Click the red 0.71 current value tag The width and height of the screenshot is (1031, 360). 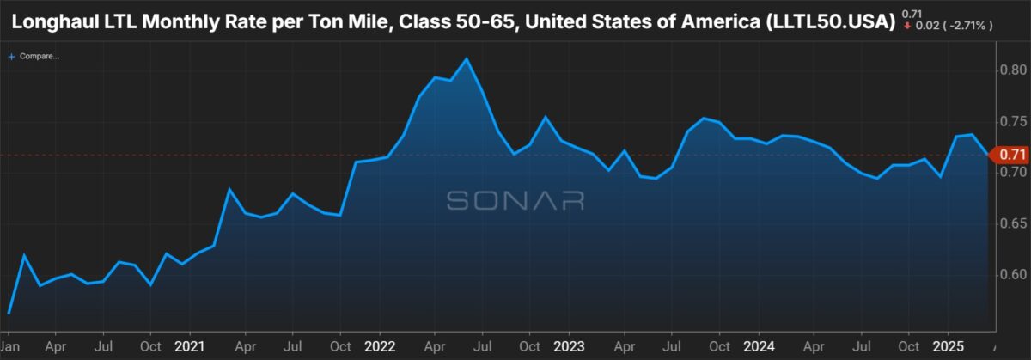coord(1012,155)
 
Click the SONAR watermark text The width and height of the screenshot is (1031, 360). coord(515,201)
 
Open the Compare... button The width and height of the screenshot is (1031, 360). coord(34,57)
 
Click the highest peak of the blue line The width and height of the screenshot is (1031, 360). coord(466,58)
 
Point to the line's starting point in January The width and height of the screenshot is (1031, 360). coord(9,313)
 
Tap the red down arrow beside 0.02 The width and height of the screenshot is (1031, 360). coord(906,27)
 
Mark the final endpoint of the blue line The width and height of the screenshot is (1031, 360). coord(987,155)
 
